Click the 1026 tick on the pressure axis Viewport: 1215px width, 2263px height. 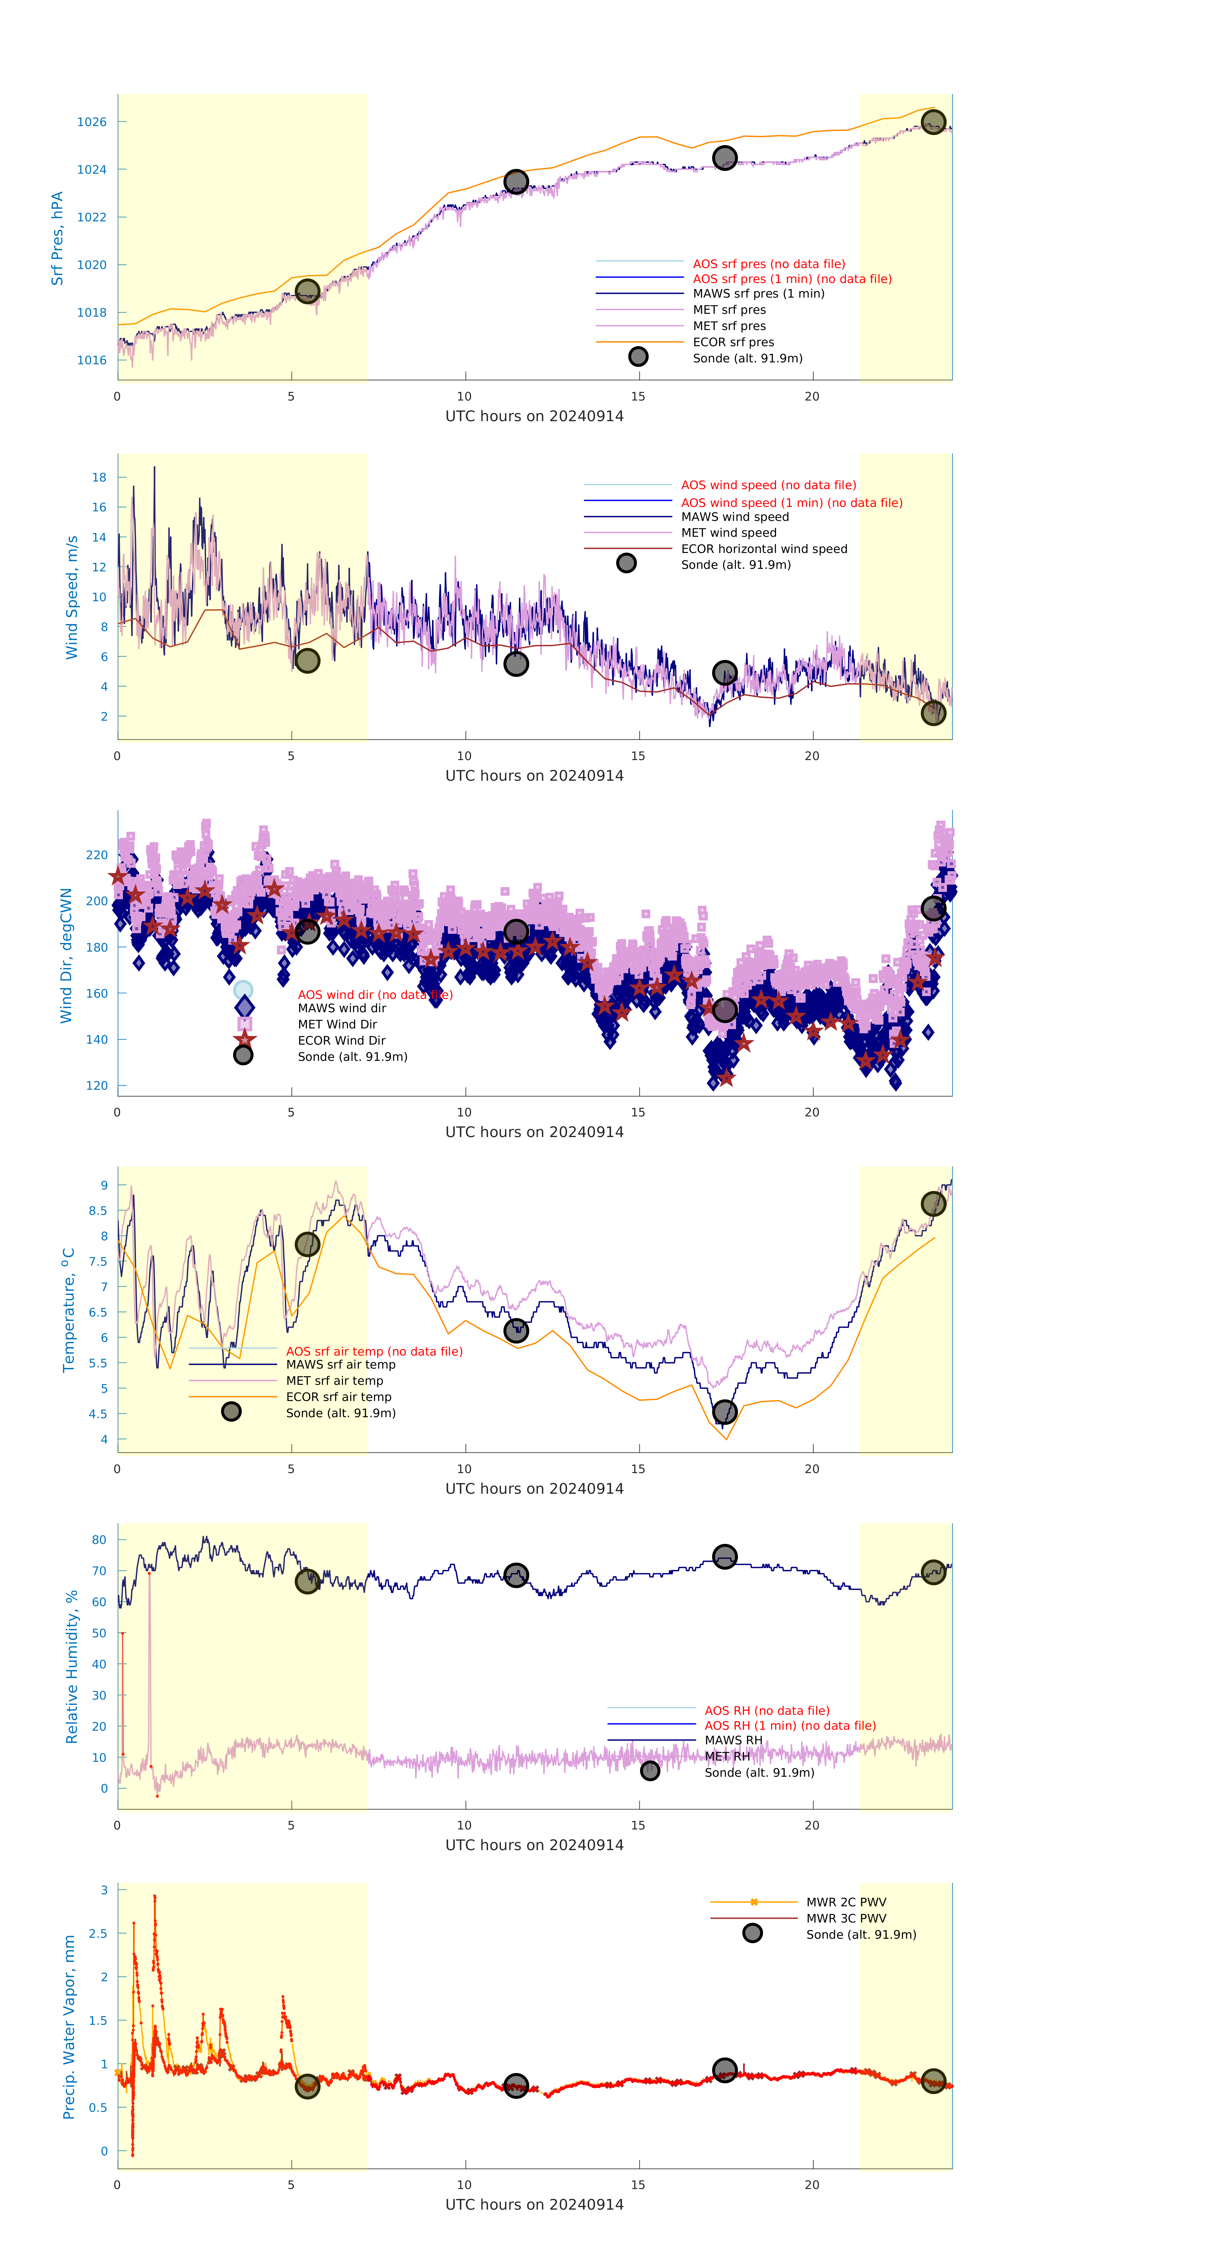tap(91, 122)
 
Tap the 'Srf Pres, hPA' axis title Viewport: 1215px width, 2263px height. tap(57, 238)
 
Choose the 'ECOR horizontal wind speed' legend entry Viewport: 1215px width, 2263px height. tap(763, 549)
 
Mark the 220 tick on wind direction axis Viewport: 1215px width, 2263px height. tap(97, 855)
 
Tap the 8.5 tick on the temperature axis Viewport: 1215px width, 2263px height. tap(98, 1210)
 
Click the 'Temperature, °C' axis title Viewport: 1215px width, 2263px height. tap(69, 1310)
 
